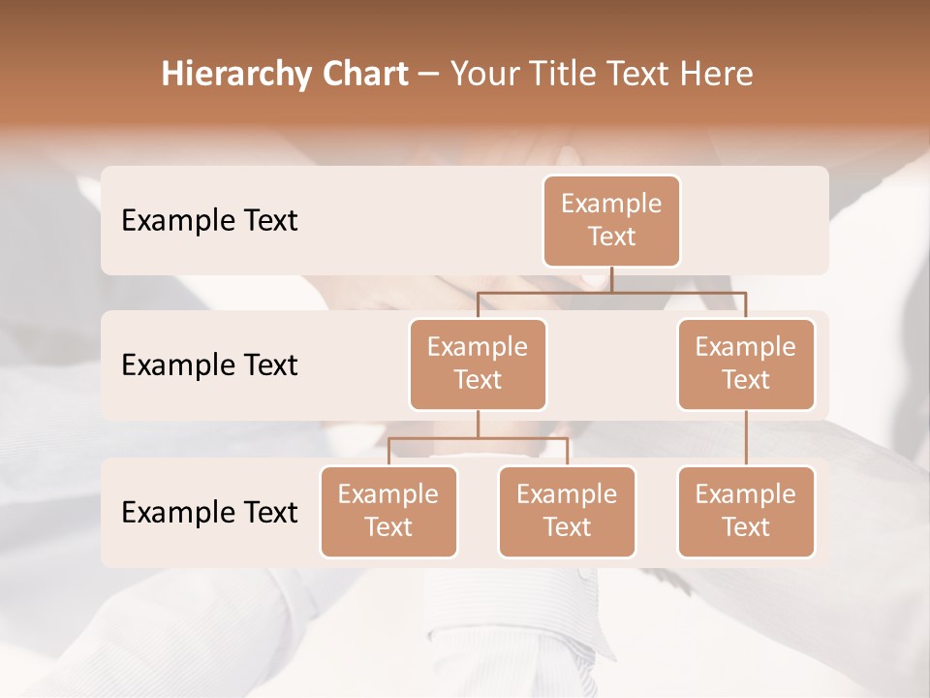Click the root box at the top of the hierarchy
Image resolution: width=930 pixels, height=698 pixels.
[x=611, y=221]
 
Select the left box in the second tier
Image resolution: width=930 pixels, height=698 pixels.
[x=478, y=365]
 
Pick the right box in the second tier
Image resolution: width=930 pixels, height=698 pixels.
[x=746, y=365]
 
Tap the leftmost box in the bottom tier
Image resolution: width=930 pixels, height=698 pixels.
[x=388, y=512]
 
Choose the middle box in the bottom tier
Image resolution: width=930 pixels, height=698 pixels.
[x=567, y=512]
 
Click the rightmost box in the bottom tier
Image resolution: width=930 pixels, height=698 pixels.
[x=746, y=512]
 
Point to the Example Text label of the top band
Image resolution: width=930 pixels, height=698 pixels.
[x=209, y=221]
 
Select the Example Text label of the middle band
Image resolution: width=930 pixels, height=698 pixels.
[x=209, y=365]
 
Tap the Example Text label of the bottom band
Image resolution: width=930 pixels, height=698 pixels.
[x=209, y=513]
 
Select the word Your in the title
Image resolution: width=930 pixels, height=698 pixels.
[x=483, y=75]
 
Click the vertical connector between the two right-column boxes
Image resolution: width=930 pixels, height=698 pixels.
[x=746, y=438]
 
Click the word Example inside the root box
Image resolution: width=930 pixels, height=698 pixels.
[x=611, y=205]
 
